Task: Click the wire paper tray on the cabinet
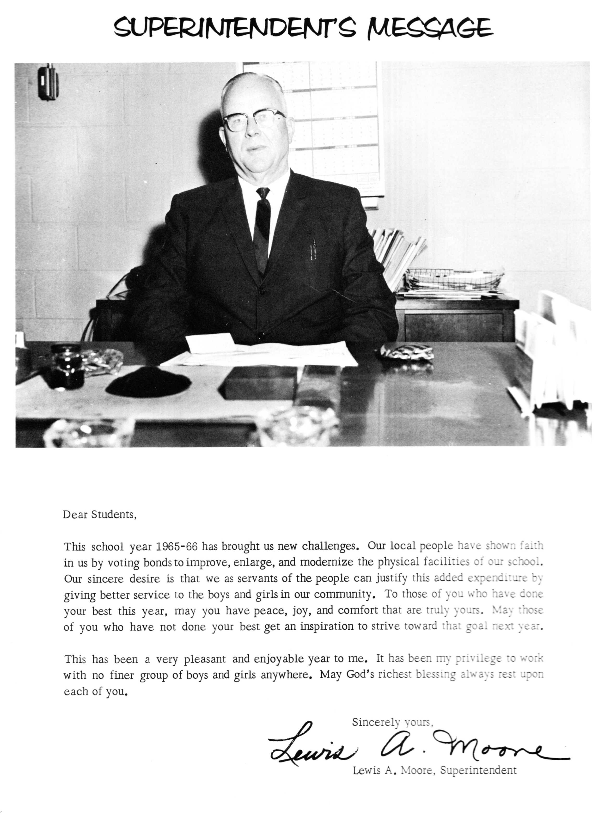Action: [x=454, y=280]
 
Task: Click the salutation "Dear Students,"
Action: [x=100, y=515]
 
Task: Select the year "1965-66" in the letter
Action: [x=177, y=547]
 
